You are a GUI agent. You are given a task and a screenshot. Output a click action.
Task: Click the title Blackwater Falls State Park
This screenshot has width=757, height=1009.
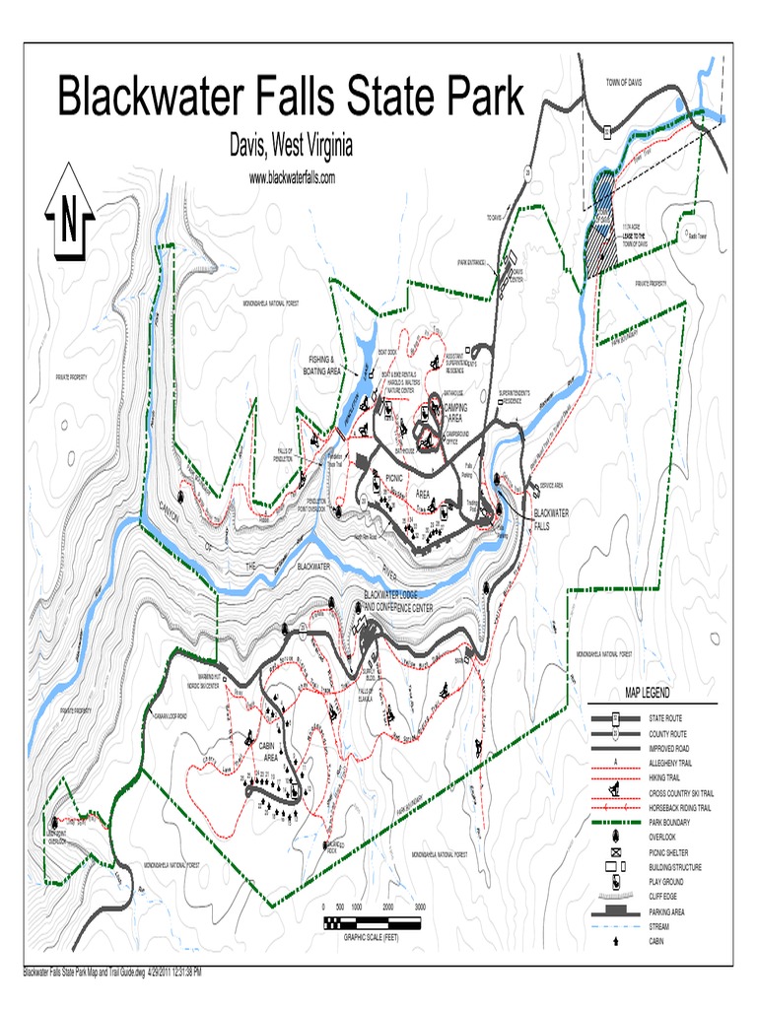pyautogui.click(x=291, y=99)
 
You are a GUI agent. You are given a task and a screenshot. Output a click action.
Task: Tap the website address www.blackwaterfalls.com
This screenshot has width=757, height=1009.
pyautogui.click(x=292, y=178)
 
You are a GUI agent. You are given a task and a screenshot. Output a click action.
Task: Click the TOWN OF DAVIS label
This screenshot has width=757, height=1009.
pyautogui.click(x=624, y=83)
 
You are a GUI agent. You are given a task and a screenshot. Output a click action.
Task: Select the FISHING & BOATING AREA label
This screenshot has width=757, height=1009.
pyautogui.click(x=321, y=366)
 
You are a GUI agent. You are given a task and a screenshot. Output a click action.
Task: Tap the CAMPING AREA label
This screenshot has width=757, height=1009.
pyautogui.click(x=454, y=412)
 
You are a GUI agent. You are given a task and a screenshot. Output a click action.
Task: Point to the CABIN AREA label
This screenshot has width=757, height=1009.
pyautogui.click(x=267, y=753)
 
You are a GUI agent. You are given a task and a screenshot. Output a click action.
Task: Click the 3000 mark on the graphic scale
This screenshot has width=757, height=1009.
pyautogui.click(x=420, y=907)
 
